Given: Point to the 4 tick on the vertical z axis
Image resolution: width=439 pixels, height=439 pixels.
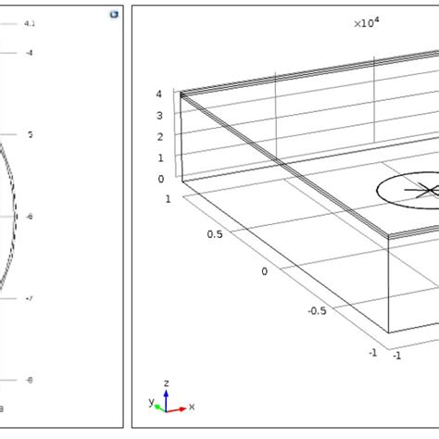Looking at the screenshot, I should [160, 94].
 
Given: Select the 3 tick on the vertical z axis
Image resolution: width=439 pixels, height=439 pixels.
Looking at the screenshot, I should [160, 116].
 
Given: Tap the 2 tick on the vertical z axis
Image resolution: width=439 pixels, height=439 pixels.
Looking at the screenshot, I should [160, 137].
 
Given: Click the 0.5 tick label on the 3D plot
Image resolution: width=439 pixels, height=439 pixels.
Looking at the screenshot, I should [214, 234].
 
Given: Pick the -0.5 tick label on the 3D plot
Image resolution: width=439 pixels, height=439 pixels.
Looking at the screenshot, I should [318, 310].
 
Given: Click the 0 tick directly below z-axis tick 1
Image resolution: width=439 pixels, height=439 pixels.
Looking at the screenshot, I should [160, 180].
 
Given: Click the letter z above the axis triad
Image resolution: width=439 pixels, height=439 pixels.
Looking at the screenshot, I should [164, 382].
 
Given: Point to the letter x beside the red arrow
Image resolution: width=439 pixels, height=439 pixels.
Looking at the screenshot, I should [191, 407].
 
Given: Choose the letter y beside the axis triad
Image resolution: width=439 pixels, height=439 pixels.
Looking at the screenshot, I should [151, 402].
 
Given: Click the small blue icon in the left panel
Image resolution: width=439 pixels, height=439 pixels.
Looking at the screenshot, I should [112, 15].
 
